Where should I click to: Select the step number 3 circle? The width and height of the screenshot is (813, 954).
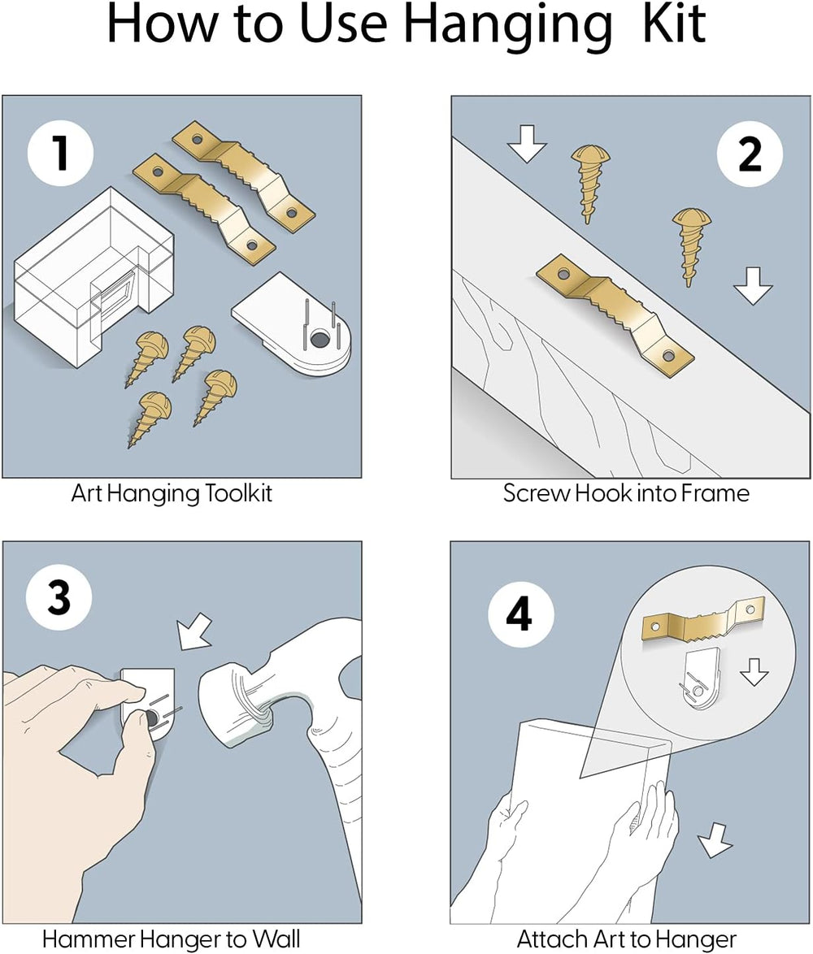59,600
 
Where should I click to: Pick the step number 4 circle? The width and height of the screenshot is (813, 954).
520,614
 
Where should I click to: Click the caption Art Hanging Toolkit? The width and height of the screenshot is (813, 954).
172,493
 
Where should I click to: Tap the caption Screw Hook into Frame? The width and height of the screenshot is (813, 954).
626,493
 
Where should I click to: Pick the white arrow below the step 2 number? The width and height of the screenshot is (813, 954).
753,286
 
